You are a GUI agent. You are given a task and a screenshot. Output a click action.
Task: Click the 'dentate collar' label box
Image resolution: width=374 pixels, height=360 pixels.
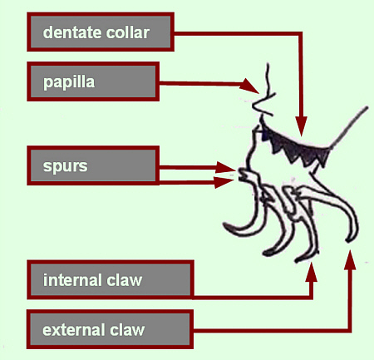(101, 32)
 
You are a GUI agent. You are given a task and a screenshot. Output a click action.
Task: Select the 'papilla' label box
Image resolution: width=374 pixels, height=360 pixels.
(93, 81)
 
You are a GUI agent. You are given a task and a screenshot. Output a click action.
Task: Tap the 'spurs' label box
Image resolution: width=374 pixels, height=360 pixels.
(93, 165)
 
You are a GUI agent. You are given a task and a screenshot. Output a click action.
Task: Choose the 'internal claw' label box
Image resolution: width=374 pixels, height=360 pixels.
(111, 279)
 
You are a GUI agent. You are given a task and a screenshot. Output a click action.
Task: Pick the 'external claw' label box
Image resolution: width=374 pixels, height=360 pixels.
(110, 329)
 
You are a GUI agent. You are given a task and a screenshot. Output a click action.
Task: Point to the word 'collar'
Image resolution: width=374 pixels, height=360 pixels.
(128, 32)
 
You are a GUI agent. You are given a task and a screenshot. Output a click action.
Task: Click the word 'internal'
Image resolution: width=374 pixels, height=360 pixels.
(73, 280)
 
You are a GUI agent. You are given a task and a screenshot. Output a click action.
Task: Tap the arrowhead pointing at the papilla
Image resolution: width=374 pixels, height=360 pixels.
(249, 86)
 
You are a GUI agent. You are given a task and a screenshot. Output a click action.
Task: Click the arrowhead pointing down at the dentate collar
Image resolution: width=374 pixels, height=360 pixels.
(301, 127)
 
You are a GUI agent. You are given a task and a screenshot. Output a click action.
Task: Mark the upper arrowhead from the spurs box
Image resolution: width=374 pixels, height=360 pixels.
(225, 168)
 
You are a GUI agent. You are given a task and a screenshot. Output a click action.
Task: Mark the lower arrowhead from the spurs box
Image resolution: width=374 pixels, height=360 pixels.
(224, 182)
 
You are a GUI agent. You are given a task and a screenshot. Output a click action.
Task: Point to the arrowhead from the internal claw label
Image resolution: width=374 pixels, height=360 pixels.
(312, 272)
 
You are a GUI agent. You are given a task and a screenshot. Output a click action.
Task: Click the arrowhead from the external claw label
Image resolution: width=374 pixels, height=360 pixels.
(350, 259)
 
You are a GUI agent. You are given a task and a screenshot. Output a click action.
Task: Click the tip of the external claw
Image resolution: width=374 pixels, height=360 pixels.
(348, 240)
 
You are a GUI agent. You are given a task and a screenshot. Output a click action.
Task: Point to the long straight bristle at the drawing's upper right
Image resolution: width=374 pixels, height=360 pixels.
(349, 127)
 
